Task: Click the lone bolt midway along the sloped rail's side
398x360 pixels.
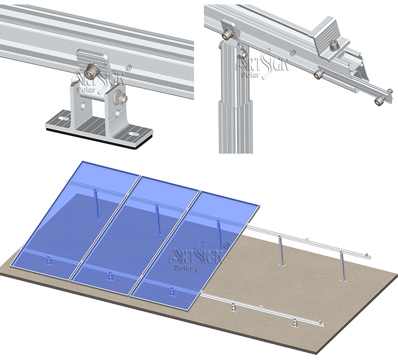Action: tap(319, 74)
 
